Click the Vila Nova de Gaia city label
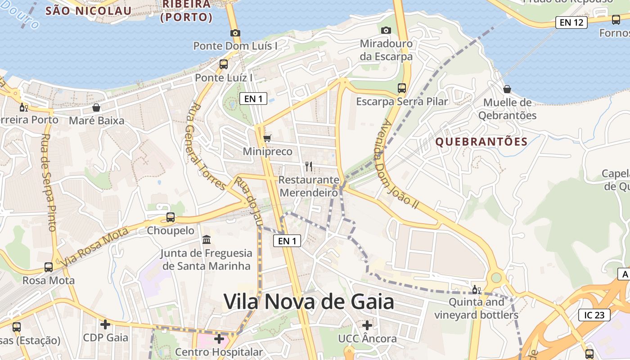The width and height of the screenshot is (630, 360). pos(309,301)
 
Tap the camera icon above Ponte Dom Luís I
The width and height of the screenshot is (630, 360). pos(235,33)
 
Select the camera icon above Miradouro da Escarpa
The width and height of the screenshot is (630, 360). pos(386,31)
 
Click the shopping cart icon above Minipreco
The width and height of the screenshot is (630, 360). pos(267,138)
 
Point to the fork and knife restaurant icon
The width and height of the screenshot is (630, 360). pos(308,166)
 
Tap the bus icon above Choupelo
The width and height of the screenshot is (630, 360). pos(171,217)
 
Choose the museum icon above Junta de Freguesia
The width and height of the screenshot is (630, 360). pos(207,239)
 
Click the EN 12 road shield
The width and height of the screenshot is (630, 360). pos(571,22)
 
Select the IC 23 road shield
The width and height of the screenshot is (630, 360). pos(594,315)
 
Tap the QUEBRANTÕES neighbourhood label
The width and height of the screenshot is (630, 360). pos(481,142)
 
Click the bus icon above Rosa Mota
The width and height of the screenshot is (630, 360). pos(49,267)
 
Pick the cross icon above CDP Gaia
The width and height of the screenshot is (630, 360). pos(105,324)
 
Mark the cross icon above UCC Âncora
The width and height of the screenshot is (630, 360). pos(367,325)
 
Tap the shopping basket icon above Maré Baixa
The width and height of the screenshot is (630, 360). pos(96,108)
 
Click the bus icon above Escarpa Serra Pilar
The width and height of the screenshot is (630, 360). pos(402,88)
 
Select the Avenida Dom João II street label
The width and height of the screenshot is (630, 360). pos(400,164)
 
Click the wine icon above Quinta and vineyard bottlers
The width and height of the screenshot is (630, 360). pos(476,289)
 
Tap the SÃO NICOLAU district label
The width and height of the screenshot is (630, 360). pos(89,11)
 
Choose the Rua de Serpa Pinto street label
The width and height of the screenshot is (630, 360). pos(49,182)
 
